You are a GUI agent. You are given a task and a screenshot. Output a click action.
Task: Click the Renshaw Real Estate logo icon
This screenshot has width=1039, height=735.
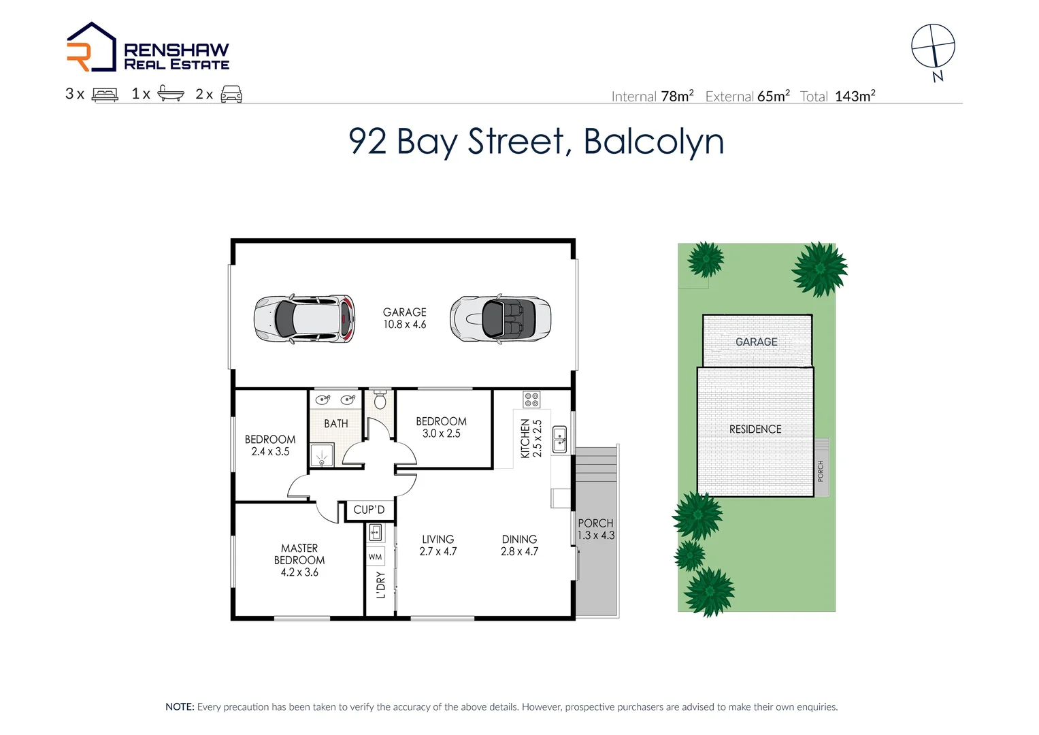click(x=91, y=47)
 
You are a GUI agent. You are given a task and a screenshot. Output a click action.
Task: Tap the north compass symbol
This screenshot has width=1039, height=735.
click(x=933, y=46)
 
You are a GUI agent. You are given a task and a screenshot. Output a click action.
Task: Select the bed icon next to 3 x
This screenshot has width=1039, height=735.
click(x=105, y=95)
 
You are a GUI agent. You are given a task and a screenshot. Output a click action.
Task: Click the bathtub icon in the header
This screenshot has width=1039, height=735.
click(x=170, y=94)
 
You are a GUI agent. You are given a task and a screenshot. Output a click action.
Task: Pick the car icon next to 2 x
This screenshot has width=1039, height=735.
click(x=231, y=95)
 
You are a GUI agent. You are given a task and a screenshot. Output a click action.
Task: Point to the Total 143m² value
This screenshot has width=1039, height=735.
click(x=855, y=97)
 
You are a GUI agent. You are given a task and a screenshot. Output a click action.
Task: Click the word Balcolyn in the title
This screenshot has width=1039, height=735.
click(x=653, y=142)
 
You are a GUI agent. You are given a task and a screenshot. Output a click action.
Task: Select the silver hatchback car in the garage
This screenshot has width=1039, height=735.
click(x=304, y=318)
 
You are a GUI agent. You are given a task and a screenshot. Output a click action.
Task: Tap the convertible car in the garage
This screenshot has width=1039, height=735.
click(x=500, y=318)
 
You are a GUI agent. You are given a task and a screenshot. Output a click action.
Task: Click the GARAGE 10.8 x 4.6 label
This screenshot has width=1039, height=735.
click(x=404, y=318)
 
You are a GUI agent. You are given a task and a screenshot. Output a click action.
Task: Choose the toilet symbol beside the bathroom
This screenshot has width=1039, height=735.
click(x=380, y=400)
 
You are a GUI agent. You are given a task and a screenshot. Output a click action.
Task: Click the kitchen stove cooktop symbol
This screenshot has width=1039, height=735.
click(x=531, y=399)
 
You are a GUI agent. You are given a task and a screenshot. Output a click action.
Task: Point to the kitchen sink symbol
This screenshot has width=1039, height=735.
click(x=559, y=440)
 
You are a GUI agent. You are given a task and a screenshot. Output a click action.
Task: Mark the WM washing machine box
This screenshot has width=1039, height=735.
click(x=375, y=557)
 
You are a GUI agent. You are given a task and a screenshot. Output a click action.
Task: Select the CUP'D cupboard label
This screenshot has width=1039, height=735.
click(x=369, y=510)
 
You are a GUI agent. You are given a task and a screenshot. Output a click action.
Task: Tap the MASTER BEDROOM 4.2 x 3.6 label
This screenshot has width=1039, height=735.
click(x=299, y=560)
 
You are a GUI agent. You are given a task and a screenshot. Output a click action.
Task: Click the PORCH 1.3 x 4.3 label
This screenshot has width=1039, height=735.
click(x=595, y=529)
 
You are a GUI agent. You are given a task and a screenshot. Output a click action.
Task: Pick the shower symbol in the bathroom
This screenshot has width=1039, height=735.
click(x=321, y=455)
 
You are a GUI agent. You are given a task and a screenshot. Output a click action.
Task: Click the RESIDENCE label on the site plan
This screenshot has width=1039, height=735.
click(x=755, y=429)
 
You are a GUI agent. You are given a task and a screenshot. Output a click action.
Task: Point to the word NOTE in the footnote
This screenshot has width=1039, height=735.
click(x=180, y=707)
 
